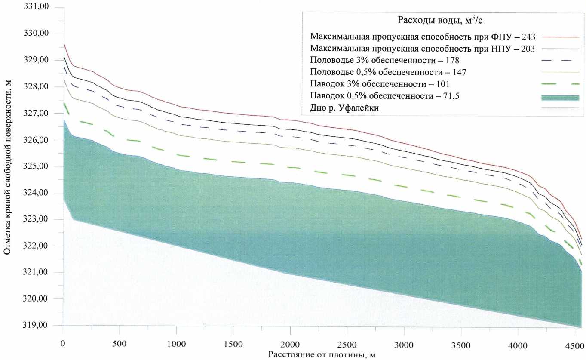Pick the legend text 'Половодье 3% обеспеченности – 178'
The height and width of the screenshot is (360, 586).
click(x=389, y=60)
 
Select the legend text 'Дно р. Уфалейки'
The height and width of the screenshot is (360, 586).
click(x=344, y=108)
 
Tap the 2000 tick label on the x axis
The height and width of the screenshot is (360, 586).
click(x=291, y=345)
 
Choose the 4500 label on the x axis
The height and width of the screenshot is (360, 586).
click(x=574, y=345)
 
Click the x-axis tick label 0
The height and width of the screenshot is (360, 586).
click(x=63, y=345)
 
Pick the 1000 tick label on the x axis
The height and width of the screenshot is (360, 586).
click(x=177, y=345)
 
